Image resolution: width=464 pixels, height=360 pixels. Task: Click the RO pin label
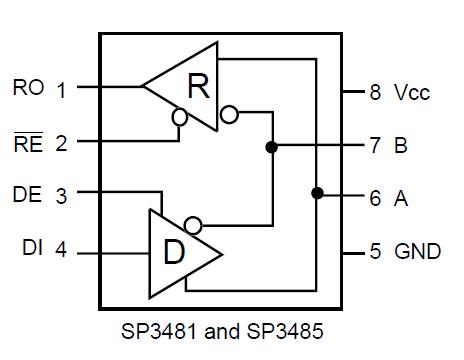click(28, 87)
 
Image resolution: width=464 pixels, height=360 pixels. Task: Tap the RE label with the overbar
click(28, 142)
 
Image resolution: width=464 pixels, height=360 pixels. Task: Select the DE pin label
click(28, 195)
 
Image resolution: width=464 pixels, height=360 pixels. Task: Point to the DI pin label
click(31, 249)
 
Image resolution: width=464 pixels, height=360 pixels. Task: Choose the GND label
click(417, 251)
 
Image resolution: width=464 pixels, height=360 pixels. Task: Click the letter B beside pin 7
click(401, 146)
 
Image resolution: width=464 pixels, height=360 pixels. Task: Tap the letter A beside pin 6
click(401, 198)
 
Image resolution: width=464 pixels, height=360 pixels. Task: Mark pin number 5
click(375, 251)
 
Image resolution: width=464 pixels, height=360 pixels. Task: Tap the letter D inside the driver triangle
click(173, 251)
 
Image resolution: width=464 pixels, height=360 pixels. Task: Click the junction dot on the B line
click(271, 146)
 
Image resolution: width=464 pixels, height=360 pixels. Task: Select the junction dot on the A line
click(317, 193)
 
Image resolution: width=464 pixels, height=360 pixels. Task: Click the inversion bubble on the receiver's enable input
click(180, 117)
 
